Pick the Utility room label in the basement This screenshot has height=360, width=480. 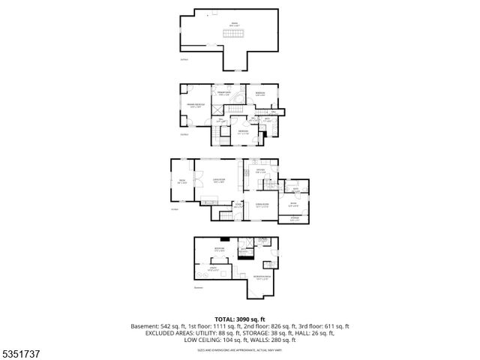click(x=214, y=268)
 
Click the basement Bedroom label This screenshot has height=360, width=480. click(x=219, y=248)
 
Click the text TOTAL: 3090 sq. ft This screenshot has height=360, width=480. click(x=240, y=319)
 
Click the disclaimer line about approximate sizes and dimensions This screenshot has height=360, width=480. click(x=240, y=349)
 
